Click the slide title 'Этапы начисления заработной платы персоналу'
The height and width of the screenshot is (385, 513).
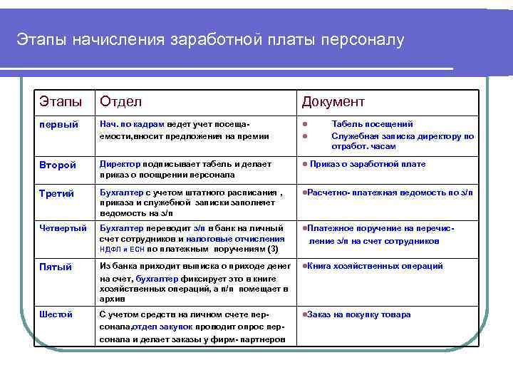210,40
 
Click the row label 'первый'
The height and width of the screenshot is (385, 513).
54,125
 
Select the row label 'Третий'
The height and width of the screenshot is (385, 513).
56,193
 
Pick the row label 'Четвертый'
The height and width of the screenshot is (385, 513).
63,227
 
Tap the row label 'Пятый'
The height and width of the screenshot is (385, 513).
56,267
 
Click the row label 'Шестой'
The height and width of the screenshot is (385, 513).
56,314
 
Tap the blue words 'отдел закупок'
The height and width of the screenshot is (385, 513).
159,327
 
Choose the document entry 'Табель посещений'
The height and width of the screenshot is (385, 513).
372,124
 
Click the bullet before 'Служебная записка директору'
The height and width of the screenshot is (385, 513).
305,136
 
